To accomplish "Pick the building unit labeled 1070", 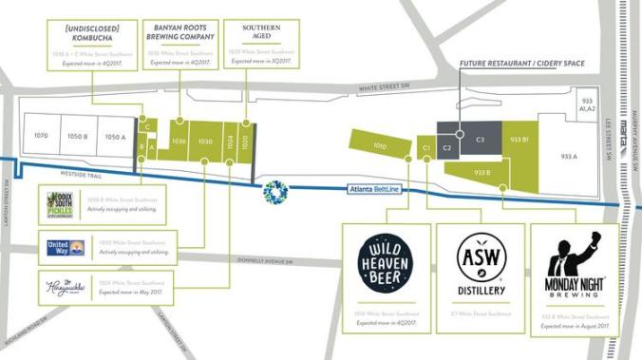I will [41, 137].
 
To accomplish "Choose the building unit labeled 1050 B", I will [78, 137].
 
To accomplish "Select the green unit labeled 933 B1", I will [519, 140].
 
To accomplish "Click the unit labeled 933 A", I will [569, 157].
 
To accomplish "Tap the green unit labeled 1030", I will [204, 142].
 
